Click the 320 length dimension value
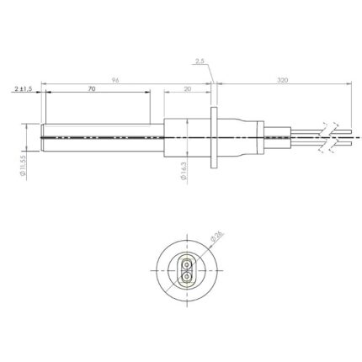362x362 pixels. point(281,78)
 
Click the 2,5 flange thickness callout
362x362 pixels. point(199,61)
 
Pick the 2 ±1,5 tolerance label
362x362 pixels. point(23,88)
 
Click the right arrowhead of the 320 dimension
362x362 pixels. point(345,83)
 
